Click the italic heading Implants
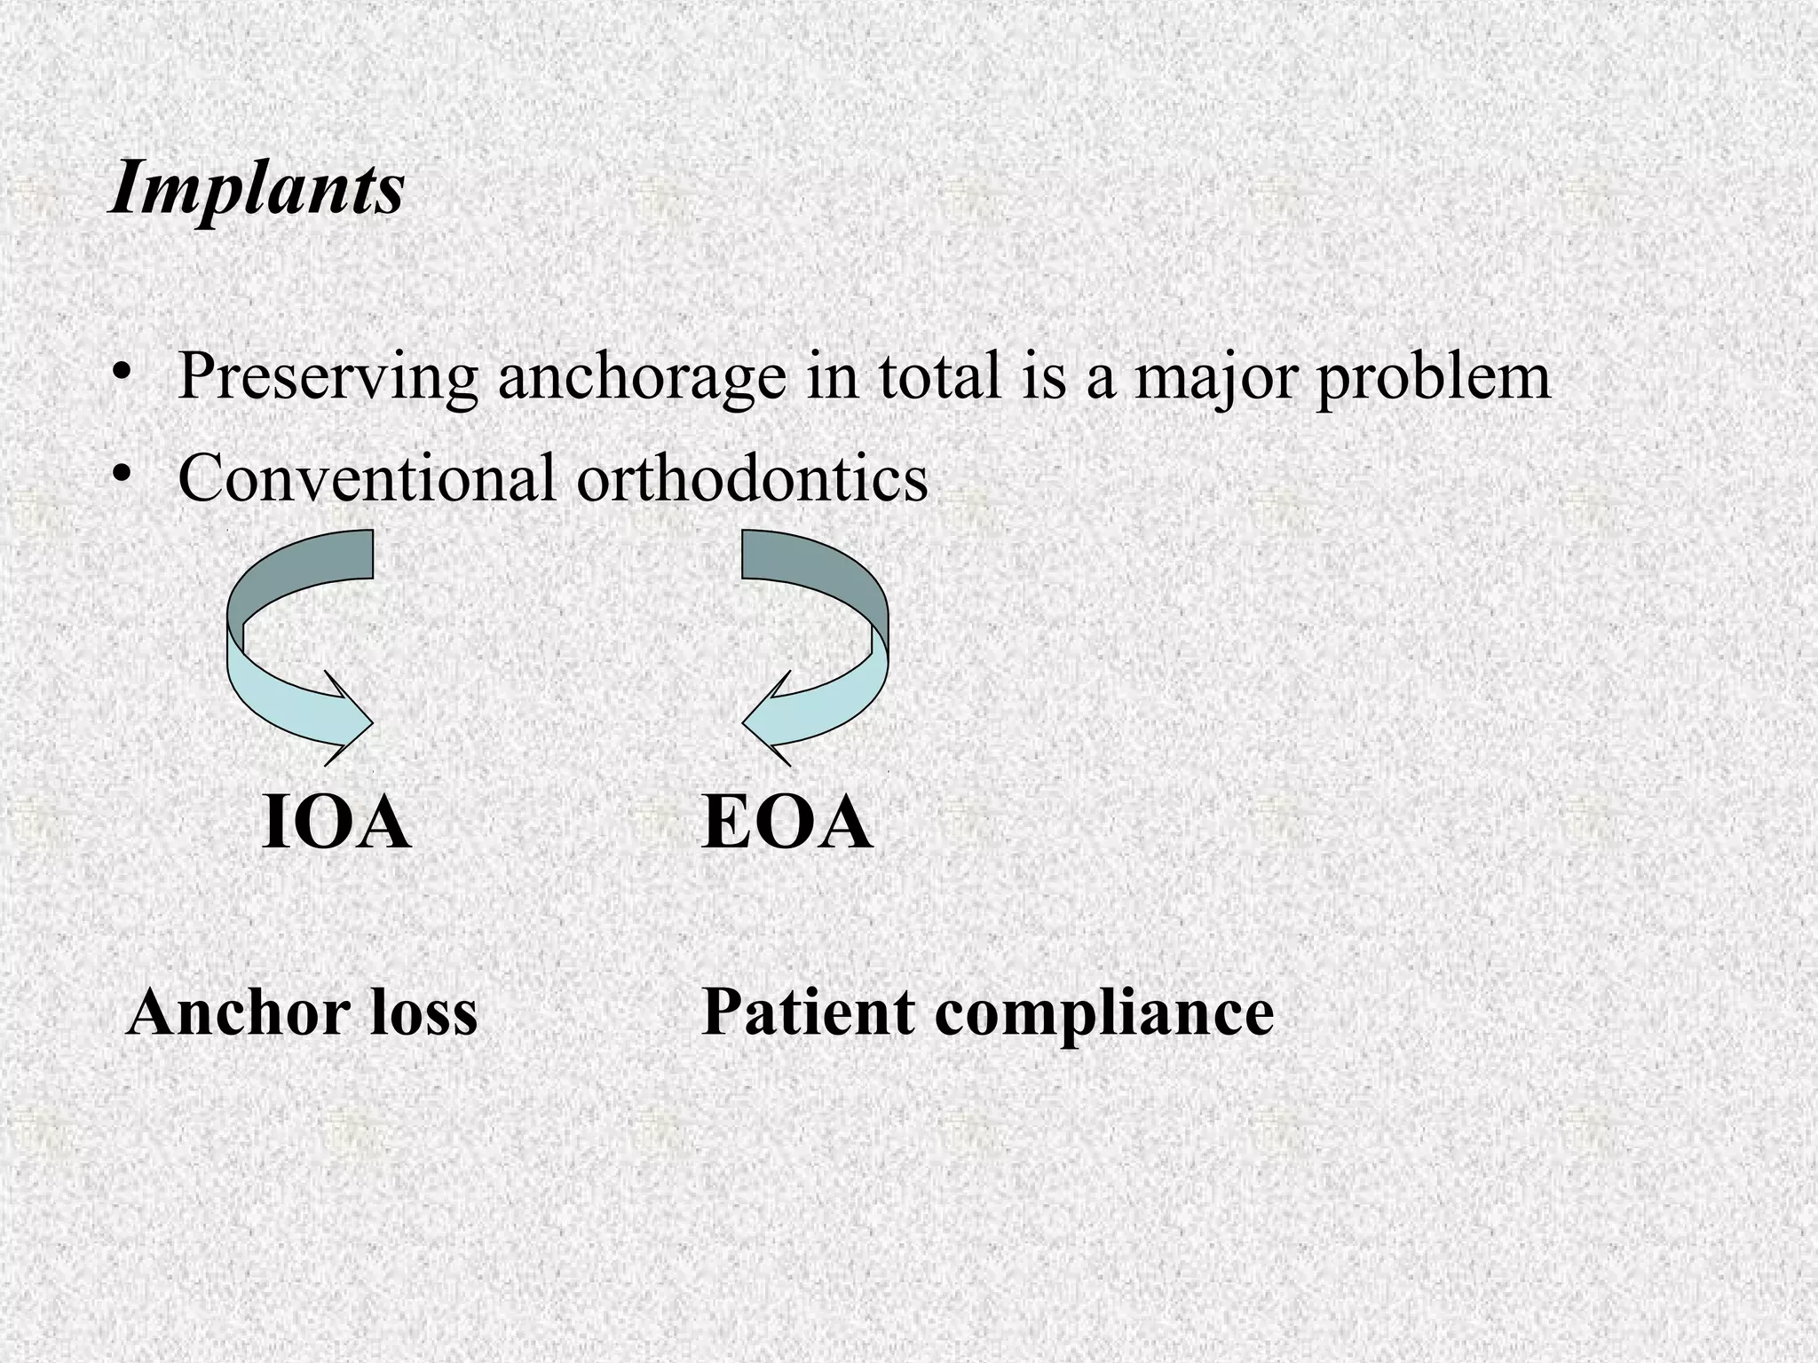pyautogui.click(x=257, y=188)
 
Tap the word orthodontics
pyautogui.click(x=752, y=477)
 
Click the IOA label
pyautogui.click(x=336, y=824)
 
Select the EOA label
pyautogui.click(x=786, y=824)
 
